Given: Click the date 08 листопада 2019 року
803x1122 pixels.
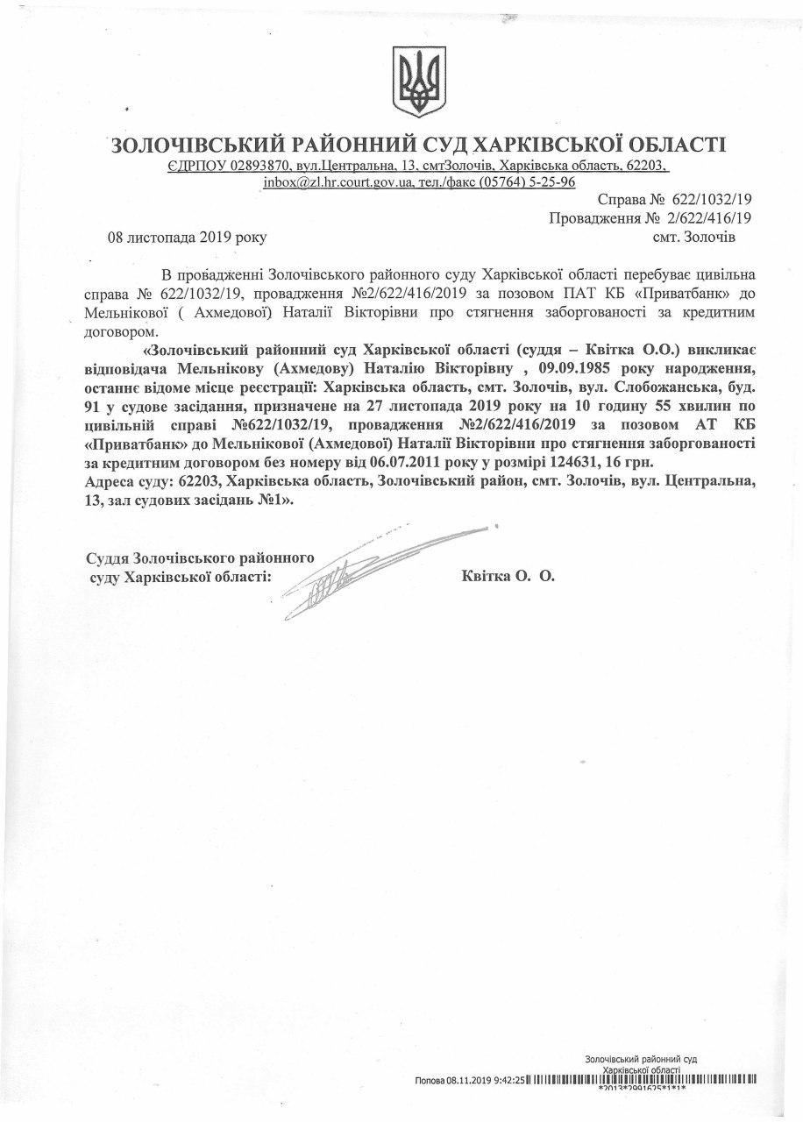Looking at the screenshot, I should coord(187,237).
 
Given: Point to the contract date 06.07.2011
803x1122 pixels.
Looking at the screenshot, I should coord(387,461).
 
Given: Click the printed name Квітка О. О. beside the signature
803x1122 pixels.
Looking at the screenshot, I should coord(508,577).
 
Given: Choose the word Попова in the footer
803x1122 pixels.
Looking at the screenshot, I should coord(430,1081).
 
